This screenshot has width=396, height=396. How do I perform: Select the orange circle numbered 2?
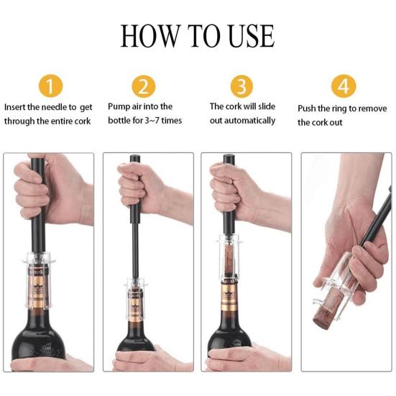pyautogui.click(x=144, y=86)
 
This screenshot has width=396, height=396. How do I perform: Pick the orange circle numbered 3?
pyautogui.click(x=241, y=86)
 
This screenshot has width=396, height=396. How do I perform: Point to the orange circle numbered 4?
pyautogui.click(x=344, y=86)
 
